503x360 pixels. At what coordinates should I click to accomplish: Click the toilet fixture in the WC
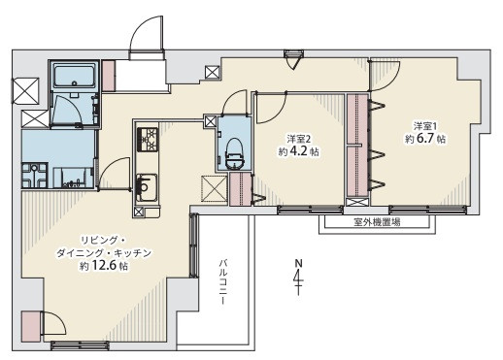(x=234, y=153)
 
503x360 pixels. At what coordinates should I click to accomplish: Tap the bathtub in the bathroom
(x=74, y=76)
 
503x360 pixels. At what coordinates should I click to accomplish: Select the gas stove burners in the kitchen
(x=148, y=139)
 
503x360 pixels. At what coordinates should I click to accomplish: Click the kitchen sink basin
(x=146, y=187)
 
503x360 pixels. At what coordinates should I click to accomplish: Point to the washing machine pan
(x=35, y=176)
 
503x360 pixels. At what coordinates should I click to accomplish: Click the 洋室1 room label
(x=422, y=125)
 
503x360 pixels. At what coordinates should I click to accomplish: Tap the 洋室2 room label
(x=299, y=139)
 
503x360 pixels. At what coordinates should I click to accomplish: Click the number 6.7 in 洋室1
(x=425, y=139)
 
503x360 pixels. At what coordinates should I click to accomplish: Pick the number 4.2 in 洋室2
(x=298, y=151)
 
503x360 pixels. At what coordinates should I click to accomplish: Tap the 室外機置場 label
(x=377, y=222)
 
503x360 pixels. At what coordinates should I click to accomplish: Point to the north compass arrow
(x=298, y=281)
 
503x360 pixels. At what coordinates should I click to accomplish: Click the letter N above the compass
(x=298, y=263)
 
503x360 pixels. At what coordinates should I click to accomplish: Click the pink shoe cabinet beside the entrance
(x=109, y=76)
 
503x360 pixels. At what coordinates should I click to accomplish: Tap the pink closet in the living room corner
(x=31, y=326)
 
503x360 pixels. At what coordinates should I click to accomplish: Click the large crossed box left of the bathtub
(x=25, y=91)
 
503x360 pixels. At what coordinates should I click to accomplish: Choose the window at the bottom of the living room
(x=80, y=345)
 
